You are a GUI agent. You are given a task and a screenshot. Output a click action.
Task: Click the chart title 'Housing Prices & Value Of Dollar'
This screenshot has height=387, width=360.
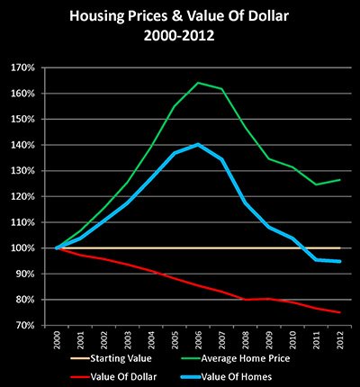click(180, 15)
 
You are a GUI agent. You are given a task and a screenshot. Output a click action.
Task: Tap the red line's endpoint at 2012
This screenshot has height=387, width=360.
click(338, 312)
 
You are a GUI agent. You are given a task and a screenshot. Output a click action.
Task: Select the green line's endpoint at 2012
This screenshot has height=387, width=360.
click(338, 180)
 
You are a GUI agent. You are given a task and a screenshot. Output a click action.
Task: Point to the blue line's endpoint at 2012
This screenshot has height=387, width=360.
click(338, 261)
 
